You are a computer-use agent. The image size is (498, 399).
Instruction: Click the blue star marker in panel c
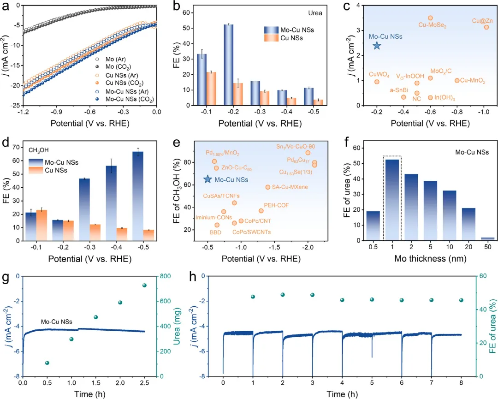377,45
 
